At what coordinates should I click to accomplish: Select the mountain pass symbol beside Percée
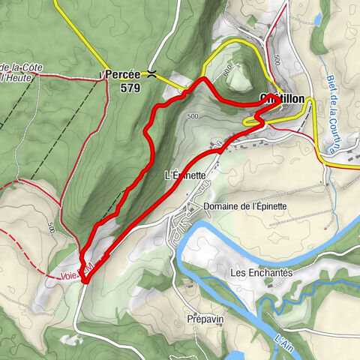click(152, 74)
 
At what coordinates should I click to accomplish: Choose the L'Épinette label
click(184, 175)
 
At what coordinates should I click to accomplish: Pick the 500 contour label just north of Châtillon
click(277, 59)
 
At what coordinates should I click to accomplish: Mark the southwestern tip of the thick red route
click(85, 280)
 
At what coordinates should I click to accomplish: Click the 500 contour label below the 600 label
click(193, 116)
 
